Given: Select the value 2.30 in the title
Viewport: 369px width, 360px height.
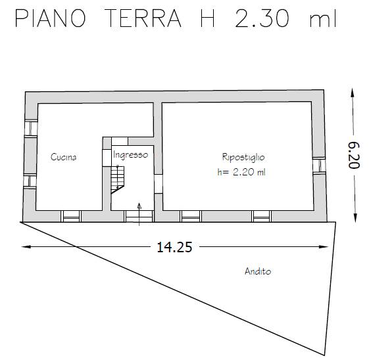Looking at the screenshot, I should [262, 19].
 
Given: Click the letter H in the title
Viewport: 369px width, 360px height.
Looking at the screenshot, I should [205, 19].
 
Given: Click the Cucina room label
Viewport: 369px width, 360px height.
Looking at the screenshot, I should [64, 157].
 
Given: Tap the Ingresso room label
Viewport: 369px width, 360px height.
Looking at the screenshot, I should [130, 155].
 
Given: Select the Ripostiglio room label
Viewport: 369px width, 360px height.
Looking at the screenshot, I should [243, 157].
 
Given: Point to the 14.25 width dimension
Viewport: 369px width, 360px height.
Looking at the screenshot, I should [170, 248].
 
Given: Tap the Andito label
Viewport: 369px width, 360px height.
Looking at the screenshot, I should [257, 271].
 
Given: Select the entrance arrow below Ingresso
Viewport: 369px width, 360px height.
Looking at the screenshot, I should [139, 212].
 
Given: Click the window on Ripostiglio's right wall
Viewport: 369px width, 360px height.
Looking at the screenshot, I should [319, 166].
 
